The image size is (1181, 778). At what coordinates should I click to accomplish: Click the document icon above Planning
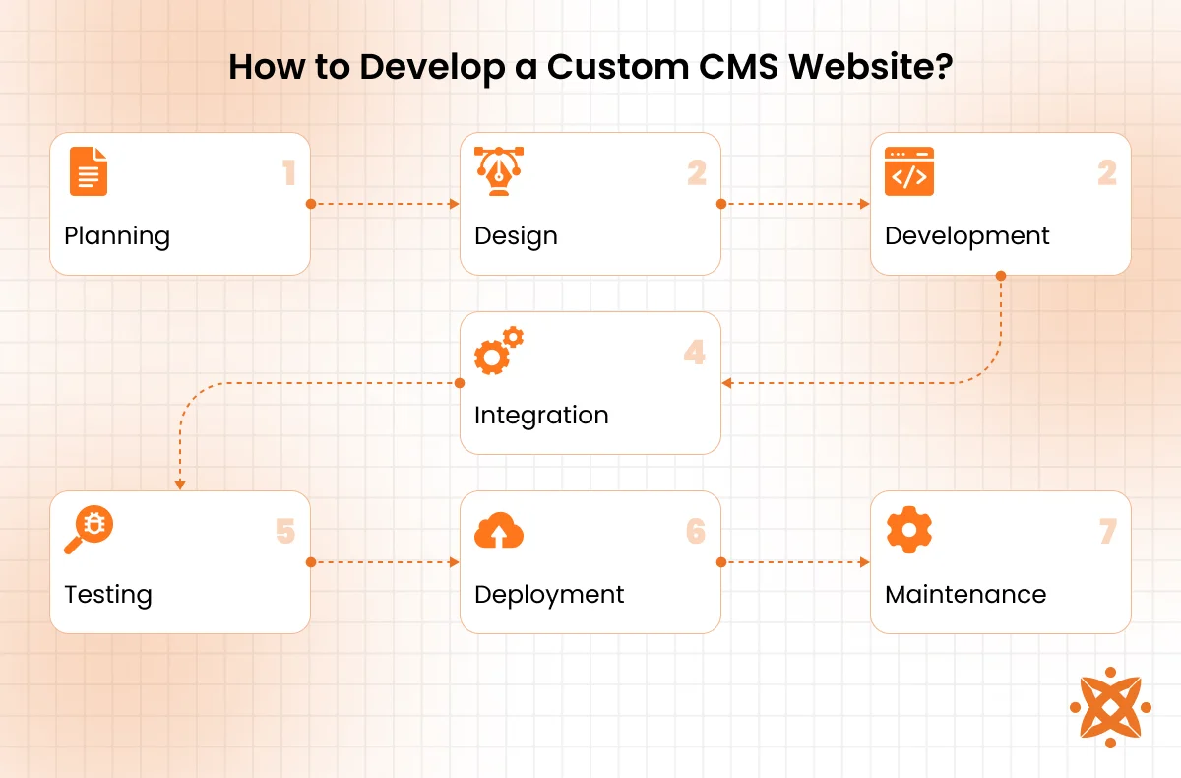coord(89,172)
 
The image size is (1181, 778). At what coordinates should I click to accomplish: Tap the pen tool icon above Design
coord(498,172)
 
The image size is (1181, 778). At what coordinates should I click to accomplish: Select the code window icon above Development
coord(908,172)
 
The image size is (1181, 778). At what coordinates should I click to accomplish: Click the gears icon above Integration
coord(498,351)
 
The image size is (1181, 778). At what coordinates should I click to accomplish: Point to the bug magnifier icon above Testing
coord(88,531)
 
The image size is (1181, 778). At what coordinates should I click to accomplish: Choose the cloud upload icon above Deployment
coord(498,532)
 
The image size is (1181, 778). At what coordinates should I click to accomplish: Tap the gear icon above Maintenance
coord(908,531)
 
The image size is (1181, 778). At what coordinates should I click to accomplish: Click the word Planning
coord(117,236)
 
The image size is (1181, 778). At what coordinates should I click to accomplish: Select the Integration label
coord(541,416)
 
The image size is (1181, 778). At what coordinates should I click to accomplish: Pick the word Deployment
coord(549,595)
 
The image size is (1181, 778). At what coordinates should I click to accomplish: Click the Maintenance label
coord(965,595)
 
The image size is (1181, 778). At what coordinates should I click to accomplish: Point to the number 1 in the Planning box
coord(288,174)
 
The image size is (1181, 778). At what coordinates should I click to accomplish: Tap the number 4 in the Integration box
coord(696,353)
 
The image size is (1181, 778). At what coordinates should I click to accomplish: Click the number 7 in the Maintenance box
coord(1108,533)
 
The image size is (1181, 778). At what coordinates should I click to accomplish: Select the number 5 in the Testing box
coord(285,533)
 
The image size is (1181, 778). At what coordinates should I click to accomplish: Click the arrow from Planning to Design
coord(385,204)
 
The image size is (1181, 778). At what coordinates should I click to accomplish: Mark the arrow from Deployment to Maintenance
coord(795,562)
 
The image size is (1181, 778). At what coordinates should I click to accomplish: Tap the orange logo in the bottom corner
coord(1109,706)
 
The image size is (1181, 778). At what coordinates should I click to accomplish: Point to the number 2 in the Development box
coord(1107,174)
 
